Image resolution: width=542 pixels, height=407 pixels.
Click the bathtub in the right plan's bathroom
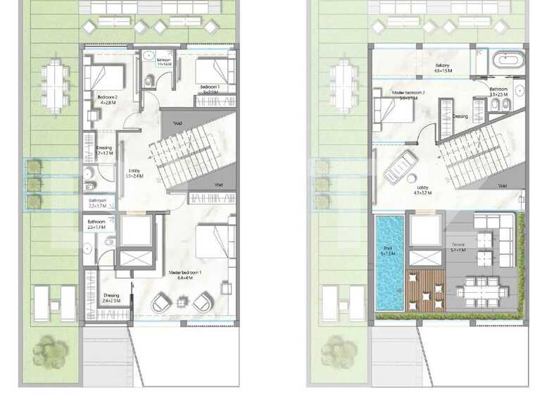click(508, 61)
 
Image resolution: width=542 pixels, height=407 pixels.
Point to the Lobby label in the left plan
click(134, 172)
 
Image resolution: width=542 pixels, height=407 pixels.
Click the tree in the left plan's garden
click(50, 350)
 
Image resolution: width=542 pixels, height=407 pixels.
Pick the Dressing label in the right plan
click(460, 116)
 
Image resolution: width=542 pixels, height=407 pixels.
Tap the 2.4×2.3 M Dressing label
click(111, 297)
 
